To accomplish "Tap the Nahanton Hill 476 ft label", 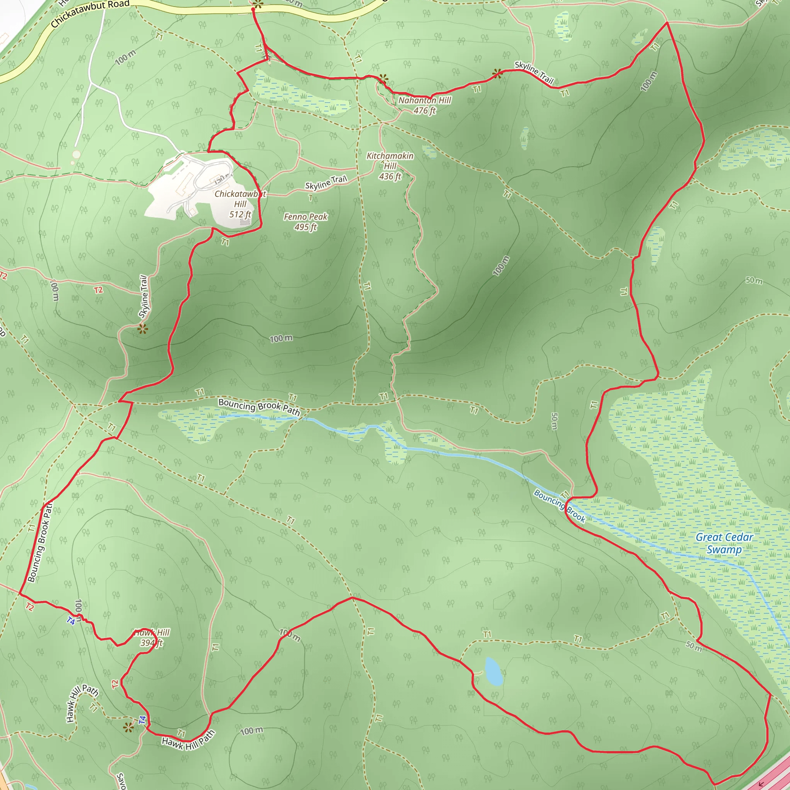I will click(x=425, y=105).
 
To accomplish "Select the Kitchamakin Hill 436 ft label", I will click(x=390, y=166).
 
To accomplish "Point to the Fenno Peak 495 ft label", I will click(x=306, y=222).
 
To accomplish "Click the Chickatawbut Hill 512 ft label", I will click(x=240, y=204).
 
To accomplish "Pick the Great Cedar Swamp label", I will click(x=724, y=543).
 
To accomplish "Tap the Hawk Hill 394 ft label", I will click(x=152, y=638).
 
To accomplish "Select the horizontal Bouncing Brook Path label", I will click(x=259, y=407).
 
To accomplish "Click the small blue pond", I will click(x=493, y=672).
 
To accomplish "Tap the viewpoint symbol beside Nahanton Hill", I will click(x=383, y=79).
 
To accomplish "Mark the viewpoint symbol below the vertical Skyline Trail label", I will click(x=142, y=329).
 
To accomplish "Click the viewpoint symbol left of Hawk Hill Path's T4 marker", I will click(x=129, y=727).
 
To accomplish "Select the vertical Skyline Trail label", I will click(x=143, y=297).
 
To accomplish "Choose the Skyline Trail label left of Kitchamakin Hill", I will click(x=326, y=182).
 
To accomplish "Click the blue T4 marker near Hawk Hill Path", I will click(x=142, y=720).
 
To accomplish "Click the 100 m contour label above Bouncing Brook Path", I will click(x=281, y=339).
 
